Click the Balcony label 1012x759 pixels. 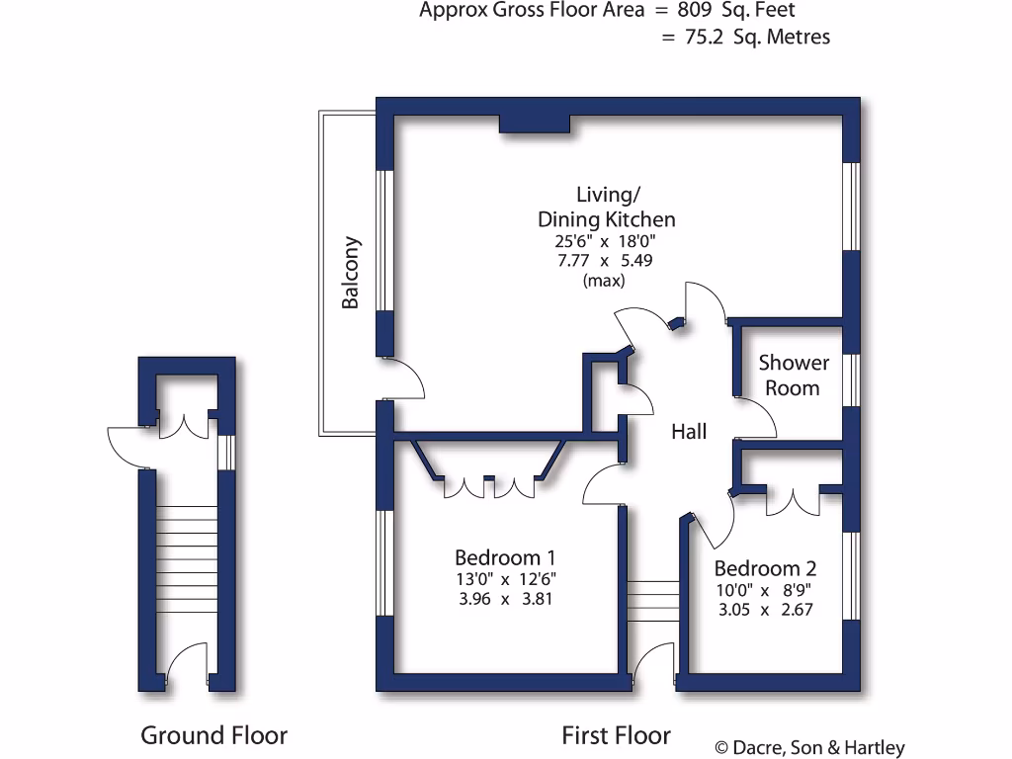point(351,273)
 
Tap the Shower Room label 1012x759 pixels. point(793,375)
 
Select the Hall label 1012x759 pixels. point(689,431)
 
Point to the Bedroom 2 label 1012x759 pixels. point(765,568)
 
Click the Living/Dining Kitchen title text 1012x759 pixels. point(606,208)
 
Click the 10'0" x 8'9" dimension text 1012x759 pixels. point(765,590)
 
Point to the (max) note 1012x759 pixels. point(605,281)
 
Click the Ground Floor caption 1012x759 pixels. point(213,735)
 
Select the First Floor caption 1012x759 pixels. point(616,735)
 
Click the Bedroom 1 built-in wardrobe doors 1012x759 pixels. point(488,486)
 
